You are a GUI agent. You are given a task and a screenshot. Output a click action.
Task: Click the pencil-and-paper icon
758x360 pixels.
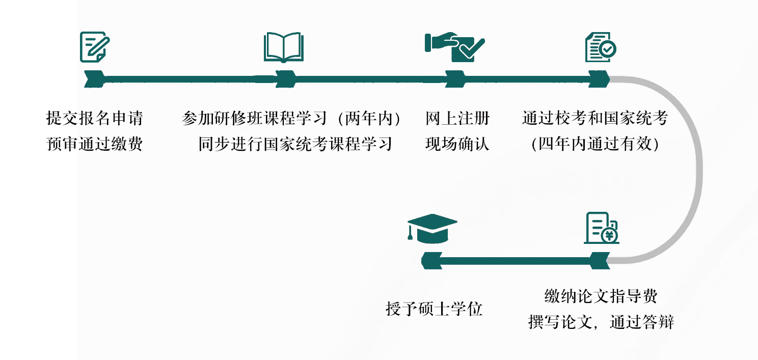95,46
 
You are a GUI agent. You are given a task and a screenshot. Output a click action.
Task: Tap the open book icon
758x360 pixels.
283,47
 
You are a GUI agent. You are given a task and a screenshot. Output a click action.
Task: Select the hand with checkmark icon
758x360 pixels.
454,47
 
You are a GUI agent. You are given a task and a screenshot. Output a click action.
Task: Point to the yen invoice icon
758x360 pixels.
601,228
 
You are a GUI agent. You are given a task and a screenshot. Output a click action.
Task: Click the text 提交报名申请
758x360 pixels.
95,119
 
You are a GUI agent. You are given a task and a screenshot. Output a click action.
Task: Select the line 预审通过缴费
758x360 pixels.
95,144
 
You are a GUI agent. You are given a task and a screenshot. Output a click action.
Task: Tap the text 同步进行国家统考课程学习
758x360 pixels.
295,144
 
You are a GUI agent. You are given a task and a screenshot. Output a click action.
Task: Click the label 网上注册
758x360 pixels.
457,119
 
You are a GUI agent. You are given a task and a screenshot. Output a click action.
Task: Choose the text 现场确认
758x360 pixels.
457,144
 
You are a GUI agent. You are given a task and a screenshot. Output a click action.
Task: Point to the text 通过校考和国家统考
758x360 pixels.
594,119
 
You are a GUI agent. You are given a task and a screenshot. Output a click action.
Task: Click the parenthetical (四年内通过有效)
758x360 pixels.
594,144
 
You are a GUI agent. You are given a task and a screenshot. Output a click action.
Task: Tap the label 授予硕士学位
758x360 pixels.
434,309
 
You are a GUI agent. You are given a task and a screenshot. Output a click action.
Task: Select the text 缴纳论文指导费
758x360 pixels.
601,296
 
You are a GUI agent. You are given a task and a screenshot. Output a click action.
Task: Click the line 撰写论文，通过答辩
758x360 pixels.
601,322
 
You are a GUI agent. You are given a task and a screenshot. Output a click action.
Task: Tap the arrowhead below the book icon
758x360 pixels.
286,79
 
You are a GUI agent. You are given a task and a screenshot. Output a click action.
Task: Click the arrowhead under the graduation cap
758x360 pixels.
429,261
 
